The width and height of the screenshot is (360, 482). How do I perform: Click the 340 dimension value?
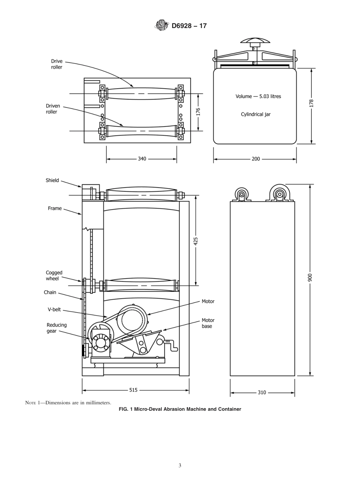point(142,159)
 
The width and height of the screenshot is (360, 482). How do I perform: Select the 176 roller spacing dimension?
point(198,112)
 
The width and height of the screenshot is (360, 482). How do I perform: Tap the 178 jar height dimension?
point(311,103)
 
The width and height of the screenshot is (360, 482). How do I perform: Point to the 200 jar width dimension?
point(256,159)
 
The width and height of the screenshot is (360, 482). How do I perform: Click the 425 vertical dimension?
point(196,241)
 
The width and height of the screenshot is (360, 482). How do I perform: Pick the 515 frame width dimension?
point(133,390)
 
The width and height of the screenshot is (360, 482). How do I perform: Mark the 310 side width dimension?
point(262,393)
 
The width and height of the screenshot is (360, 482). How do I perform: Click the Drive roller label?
point(57,64)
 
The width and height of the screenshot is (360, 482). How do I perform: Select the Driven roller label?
point(53,109)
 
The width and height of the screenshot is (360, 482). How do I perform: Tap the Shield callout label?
point(52,180)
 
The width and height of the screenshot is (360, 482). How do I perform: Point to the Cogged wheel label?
point(54,275)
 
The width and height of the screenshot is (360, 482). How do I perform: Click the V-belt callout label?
point(54,310)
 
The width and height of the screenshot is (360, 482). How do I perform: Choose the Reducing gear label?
point(56,328)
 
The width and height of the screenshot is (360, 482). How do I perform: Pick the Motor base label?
point(208,323)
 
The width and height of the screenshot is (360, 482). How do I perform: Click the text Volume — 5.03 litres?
point(258,96)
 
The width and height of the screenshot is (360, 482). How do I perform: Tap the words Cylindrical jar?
point(256,114)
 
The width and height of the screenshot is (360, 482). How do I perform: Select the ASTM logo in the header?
point(161,25)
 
